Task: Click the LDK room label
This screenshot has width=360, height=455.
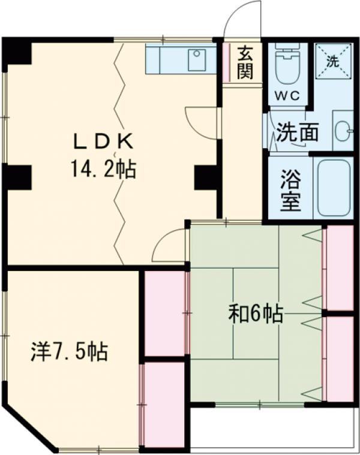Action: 102,141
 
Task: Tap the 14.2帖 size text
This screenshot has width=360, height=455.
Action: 103,168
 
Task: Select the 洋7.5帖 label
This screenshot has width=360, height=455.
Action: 70,351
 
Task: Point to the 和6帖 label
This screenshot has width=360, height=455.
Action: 256,314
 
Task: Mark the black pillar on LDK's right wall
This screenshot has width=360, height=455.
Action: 207,177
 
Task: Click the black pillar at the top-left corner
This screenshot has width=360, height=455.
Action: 16,53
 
